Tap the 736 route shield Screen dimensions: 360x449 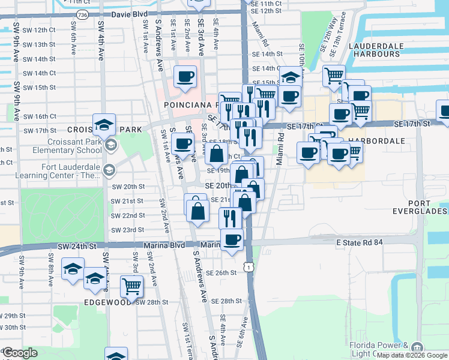click(83, 14)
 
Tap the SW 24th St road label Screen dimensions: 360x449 click(77, 246)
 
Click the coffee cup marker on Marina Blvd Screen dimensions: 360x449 click(232, 239)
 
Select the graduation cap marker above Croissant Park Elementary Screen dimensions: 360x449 click(104, 125)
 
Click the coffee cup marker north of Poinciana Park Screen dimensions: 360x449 click(185, 77)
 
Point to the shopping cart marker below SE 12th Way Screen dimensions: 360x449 click(334, 76)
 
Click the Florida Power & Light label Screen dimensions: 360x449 click(379, 350)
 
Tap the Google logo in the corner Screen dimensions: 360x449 click(20, 353)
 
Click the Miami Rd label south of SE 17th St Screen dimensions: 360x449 click(280, 153)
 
